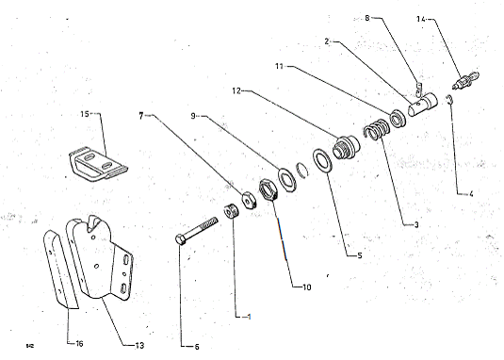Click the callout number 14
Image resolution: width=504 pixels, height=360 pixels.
421,19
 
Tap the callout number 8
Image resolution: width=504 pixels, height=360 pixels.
367,18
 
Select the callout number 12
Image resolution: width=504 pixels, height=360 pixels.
236,91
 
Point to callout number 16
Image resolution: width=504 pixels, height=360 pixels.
79,344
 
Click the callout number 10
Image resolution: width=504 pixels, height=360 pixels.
307,287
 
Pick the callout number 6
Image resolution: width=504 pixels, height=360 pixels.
197,347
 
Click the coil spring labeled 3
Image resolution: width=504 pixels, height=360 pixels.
377,129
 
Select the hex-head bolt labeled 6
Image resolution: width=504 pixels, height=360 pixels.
196,231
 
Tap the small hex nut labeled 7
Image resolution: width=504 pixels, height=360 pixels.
249,200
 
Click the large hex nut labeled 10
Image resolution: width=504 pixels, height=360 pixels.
268,190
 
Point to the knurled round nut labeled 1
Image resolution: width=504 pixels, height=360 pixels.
231,211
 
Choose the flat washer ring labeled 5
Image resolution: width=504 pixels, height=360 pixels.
321,160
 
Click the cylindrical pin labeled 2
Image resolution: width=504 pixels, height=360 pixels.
422,103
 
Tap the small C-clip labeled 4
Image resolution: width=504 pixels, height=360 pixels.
449,100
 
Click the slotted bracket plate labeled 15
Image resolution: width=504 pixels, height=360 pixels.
98,164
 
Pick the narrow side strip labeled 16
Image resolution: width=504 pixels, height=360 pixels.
59,269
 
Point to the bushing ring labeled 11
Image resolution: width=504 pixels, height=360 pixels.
398,118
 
